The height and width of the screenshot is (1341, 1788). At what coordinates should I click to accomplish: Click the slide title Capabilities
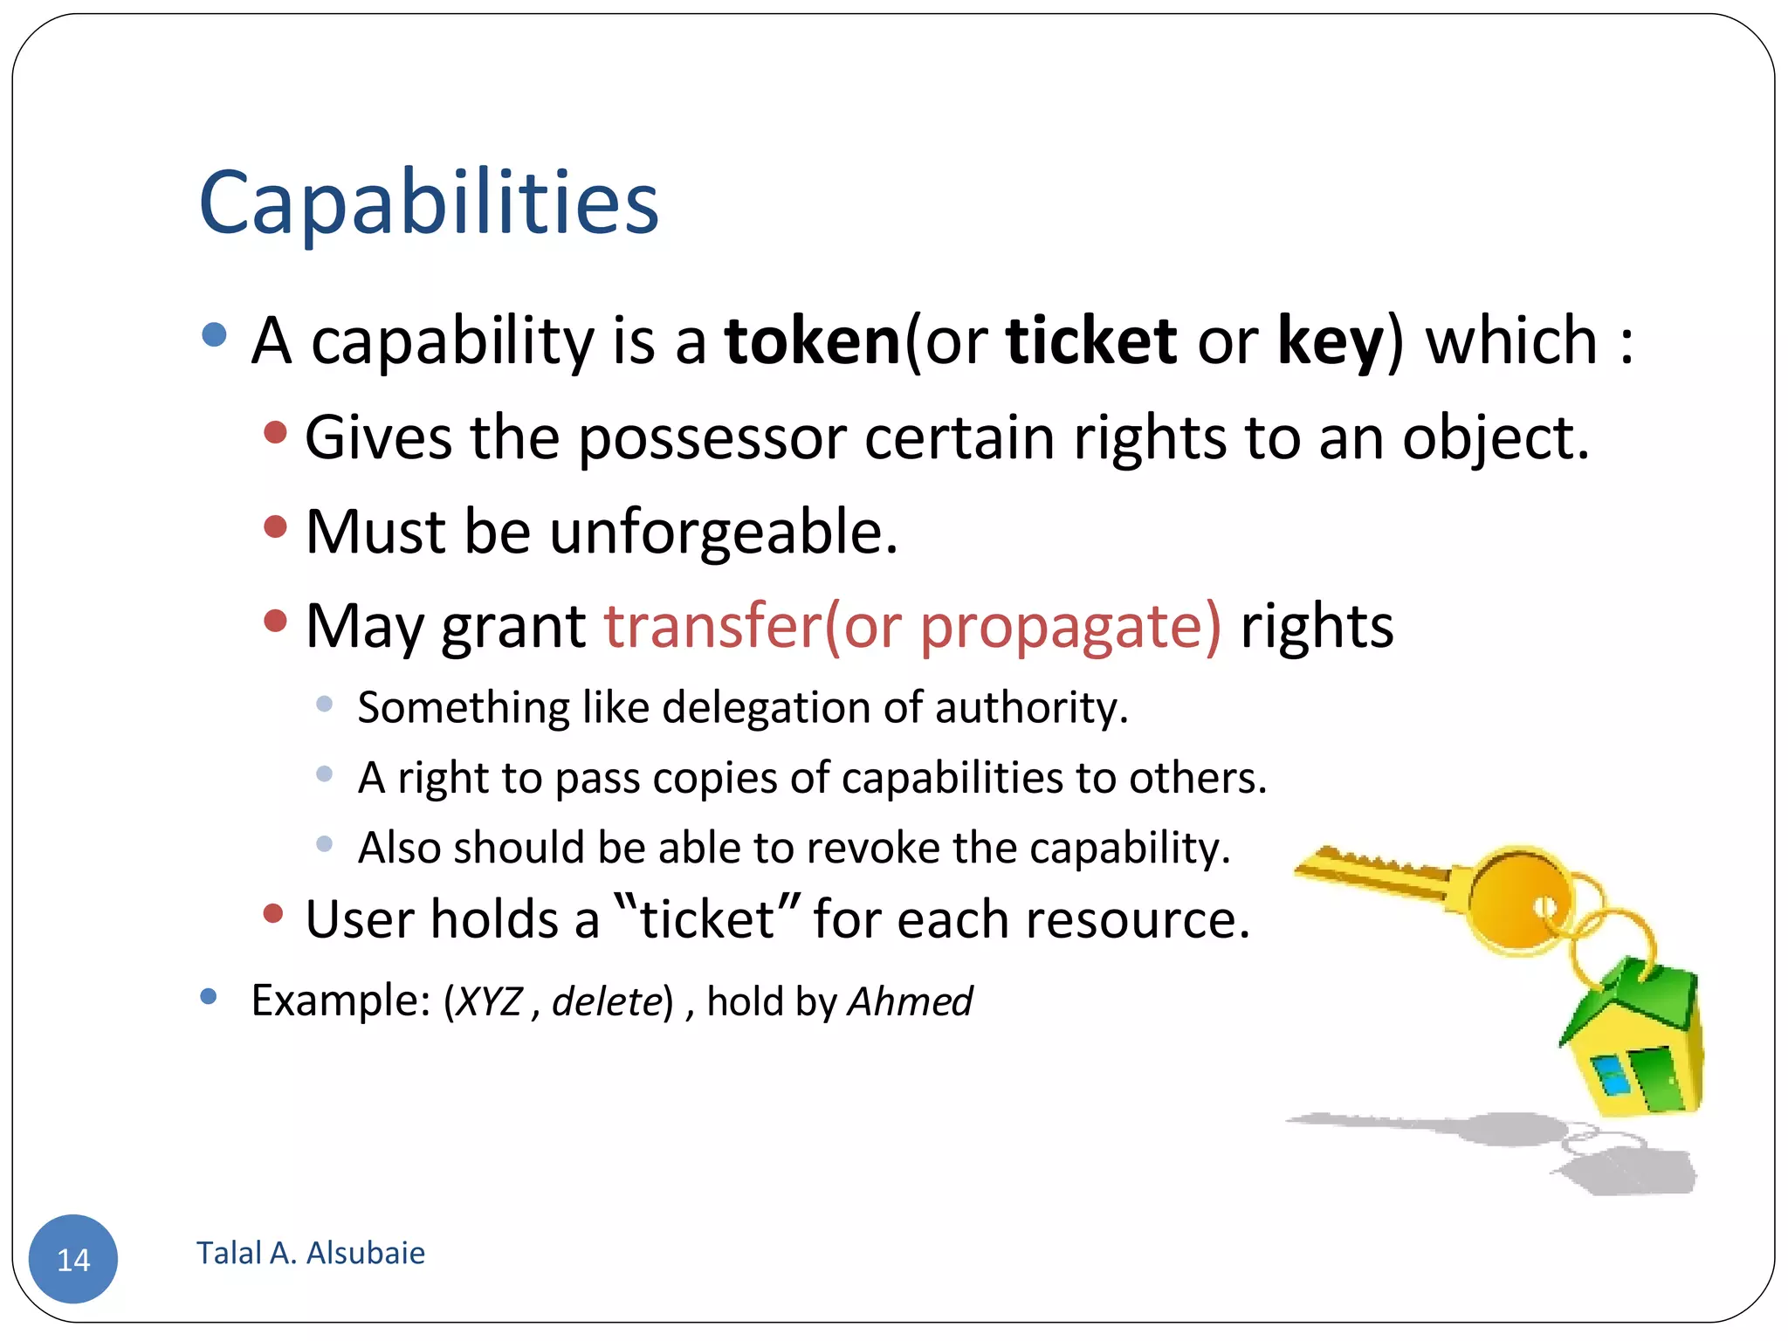(x=428, y=203)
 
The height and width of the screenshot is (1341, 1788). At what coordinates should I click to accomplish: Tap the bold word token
(x=812, y=340)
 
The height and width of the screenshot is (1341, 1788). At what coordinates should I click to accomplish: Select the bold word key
(x=1330, y=342)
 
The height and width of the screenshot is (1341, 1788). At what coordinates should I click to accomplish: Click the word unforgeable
(x=723, y=532)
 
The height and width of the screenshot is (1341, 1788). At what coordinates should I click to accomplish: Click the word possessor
(x=712, y=437)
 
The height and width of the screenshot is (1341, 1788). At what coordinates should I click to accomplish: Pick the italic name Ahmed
(x=910, y=1001)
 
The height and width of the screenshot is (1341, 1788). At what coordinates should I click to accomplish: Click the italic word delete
(x=607, y=1001)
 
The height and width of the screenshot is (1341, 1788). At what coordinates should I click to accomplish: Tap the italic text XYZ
(x=490, y=1001)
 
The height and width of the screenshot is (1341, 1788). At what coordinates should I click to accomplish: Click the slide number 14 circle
(x=73, y=1258)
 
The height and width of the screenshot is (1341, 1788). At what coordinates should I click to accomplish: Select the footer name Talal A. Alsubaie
(x=311, y=1253)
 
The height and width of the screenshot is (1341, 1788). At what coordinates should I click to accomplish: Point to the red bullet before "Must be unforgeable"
(x=275, y=526)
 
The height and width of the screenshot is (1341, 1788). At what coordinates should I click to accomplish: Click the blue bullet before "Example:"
(x=208, y=996)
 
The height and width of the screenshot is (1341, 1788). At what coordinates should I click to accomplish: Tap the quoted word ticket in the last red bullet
(x=707, y=920)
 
